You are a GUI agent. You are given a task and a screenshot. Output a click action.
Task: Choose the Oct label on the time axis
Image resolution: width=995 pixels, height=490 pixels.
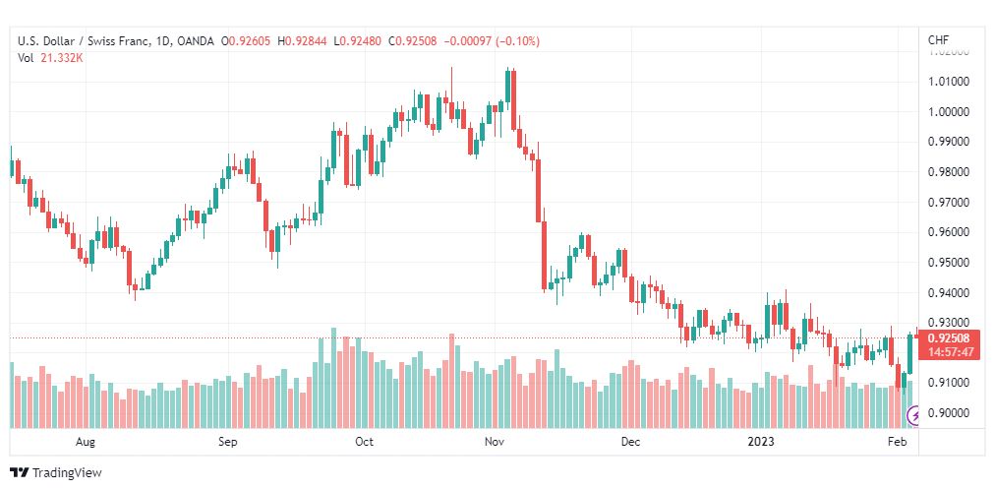point(364,442)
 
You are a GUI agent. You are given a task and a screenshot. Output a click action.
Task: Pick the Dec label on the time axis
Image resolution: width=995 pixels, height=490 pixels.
point(630,442)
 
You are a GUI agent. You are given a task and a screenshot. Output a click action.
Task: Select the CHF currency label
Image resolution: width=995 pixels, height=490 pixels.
point(938,40)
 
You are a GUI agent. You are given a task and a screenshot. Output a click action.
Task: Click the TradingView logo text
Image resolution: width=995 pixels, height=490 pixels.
point(66,472)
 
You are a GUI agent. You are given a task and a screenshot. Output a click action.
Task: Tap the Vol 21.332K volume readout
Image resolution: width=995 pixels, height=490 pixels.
point(50,57)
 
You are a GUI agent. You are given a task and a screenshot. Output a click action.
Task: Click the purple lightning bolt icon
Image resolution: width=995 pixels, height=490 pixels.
point(914,416)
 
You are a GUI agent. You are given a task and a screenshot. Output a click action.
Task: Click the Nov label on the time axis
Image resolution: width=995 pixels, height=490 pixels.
point(495,442)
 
